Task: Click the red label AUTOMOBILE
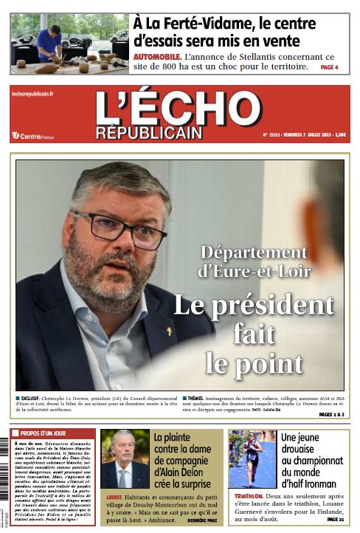(157, 57)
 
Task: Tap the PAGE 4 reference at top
(329, 67)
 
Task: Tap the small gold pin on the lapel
(168, 331)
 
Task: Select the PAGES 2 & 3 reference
(330, 415)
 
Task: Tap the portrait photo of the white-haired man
(124, 458)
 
